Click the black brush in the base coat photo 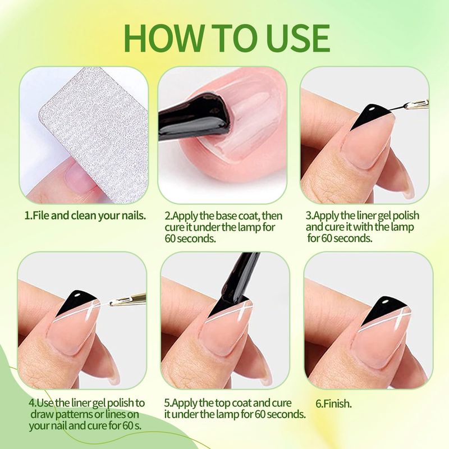pyautogui.click(x=195, y=117)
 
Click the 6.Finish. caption pyautogui.click(x=333, y=404)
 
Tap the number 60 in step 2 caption pyautogui.click(x=170, y=239)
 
